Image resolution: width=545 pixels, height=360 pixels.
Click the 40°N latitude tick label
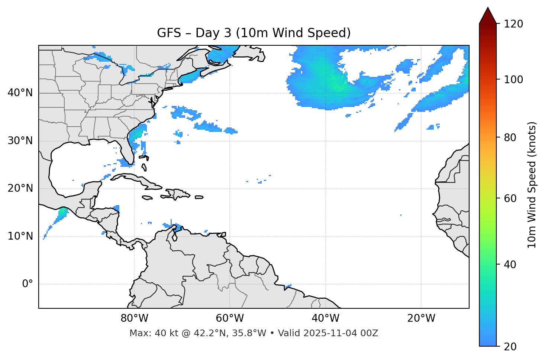pyautogui.click(x=20, y=93)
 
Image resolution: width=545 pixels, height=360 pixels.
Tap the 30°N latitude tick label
pyautogui.click(x=20, y=141)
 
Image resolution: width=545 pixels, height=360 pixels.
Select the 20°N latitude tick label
pyautogui.click(x=20, y=188)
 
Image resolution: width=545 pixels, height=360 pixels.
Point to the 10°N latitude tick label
pyautogui.click(x=20, y=236)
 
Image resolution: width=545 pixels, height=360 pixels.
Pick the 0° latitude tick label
pyautogui.click(x=28, y=284)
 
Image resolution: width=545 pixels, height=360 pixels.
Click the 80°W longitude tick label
pyautogui.click(x=134, y=318)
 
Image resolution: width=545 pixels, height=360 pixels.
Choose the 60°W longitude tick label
pyautogui.click(x=230, y=318)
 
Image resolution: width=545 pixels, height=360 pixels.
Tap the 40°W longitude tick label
pyautogui.click(x=325, y=318)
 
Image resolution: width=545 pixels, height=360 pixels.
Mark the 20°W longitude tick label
pyautogui.click(x=421, y=318)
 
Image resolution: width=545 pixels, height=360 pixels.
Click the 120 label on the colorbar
pyautogui.click(x=513, y=24)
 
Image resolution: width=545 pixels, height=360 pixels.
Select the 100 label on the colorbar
pyautogui.click(x=513, y=80)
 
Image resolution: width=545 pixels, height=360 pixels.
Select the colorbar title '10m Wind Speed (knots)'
pyautogui.click(x=532, y=185)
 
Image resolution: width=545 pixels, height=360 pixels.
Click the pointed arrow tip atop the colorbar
pyautogui.click(x=488, y=8)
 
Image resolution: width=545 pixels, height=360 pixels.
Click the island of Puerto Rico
pyautogui.click(x=199, y=197)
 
